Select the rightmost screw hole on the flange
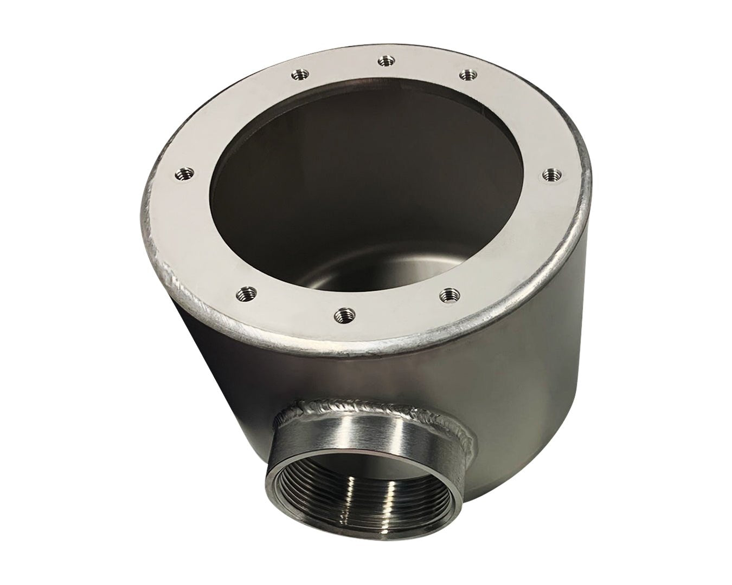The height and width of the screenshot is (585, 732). pyautogui.click(x=551, y=174)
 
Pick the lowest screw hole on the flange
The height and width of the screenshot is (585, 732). pyautogui.click(x=342, y=314)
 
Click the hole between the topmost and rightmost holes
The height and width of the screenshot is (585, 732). pyautogui.click(x=466, y=74)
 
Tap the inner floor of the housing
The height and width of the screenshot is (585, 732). pyautogui.click(x=380, y=271)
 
